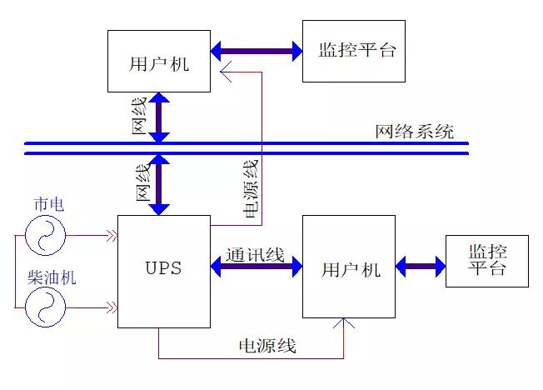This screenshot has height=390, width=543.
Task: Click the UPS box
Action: click(163, 271)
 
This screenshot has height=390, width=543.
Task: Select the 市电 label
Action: click(47, 204)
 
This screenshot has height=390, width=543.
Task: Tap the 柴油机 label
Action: click(52, 277)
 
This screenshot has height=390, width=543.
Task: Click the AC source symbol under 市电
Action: click(45, 235)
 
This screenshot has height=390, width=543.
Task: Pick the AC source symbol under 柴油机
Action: click(45, 308)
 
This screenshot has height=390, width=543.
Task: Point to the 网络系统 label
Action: click(414, 131)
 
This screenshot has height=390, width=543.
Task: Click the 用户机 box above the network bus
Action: click(159, 62)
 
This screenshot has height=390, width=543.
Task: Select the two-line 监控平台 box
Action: click(486, 260)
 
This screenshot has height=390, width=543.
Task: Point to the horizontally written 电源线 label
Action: click(267, 346)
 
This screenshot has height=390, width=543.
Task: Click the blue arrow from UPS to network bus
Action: click(159, 182)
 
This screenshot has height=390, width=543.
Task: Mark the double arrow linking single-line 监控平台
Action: click(257, 52)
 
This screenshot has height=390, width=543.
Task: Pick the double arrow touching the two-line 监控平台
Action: click(421, 267)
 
